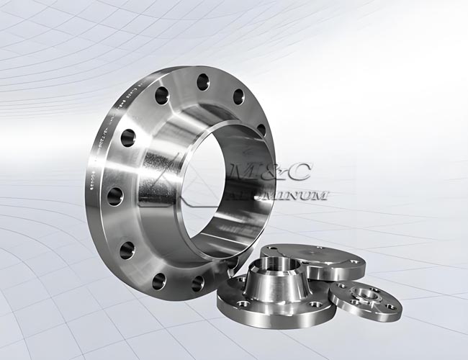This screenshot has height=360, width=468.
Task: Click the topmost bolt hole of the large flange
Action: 203,81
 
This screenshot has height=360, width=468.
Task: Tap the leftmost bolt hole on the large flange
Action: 115,196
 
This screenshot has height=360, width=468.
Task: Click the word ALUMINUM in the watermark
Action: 288,195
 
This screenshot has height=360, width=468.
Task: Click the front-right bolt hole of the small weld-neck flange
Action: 314,305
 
